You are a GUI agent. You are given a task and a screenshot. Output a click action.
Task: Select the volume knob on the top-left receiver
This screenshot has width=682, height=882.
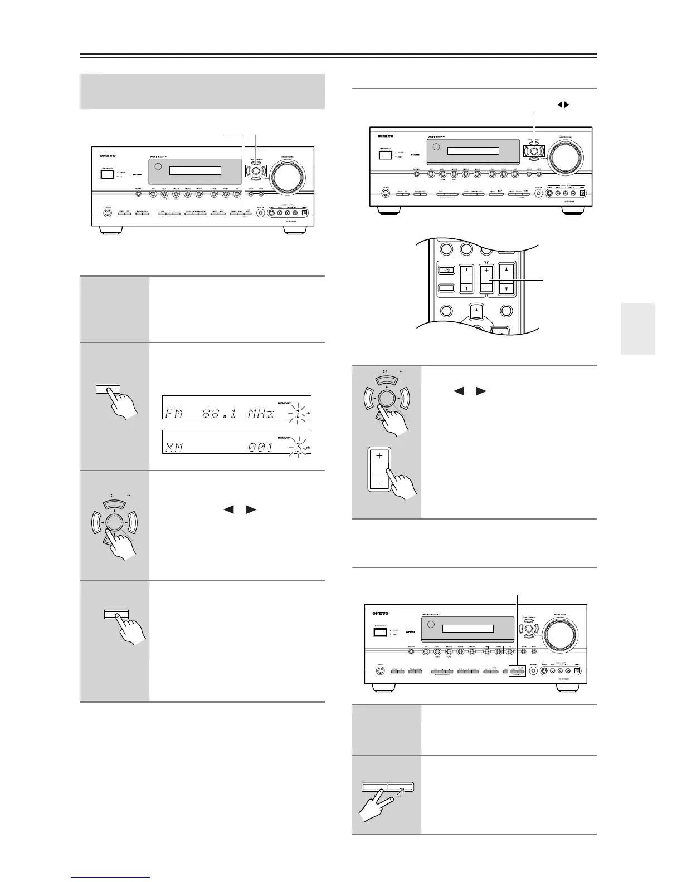pos(286,177)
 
